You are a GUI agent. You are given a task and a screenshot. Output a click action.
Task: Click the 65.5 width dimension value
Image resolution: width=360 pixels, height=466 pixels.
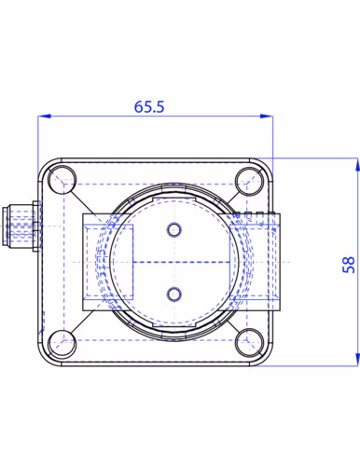(x=149, y=106)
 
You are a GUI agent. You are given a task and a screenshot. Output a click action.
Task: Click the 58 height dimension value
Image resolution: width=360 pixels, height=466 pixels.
(x=349, y=265)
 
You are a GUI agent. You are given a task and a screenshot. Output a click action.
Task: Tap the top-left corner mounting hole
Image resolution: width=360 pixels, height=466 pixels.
(x=62, y=180)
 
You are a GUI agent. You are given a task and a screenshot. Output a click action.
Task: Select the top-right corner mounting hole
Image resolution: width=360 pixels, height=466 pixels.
(x=249, y=181)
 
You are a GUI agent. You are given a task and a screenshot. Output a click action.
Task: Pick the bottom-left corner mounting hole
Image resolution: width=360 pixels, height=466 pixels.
(x=62, y=344)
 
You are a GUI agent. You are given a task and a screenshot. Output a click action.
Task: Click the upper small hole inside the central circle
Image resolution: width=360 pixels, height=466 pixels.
(x=174, y=230)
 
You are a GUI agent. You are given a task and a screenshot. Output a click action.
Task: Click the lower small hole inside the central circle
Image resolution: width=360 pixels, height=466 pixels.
(x=174, y=295)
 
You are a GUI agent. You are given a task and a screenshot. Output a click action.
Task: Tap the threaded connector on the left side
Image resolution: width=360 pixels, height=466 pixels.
(x=21, y=226)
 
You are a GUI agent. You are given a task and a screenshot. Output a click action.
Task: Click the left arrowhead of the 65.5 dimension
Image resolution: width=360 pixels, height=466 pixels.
(x=44, y=116)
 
